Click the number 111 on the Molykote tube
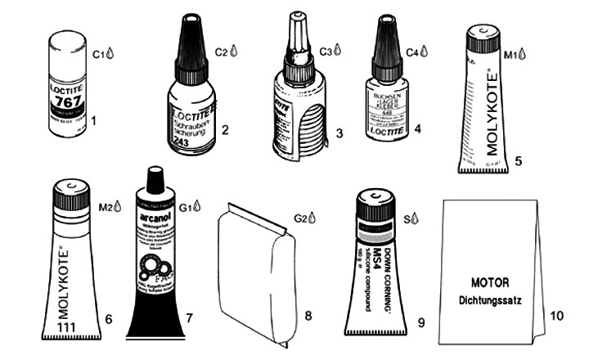point(72,327)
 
